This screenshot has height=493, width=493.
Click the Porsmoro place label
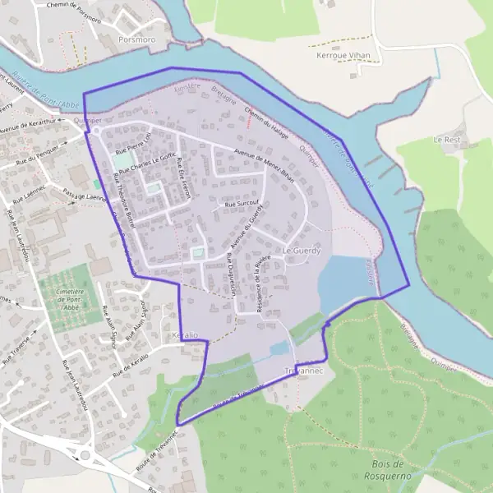136,39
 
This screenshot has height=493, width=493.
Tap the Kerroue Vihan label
343,55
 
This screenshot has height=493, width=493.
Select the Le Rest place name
447,140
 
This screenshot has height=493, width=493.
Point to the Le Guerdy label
300,249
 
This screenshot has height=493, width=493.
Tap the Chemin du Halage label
266,122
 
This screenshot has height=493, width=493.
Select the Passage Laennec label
85,193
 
